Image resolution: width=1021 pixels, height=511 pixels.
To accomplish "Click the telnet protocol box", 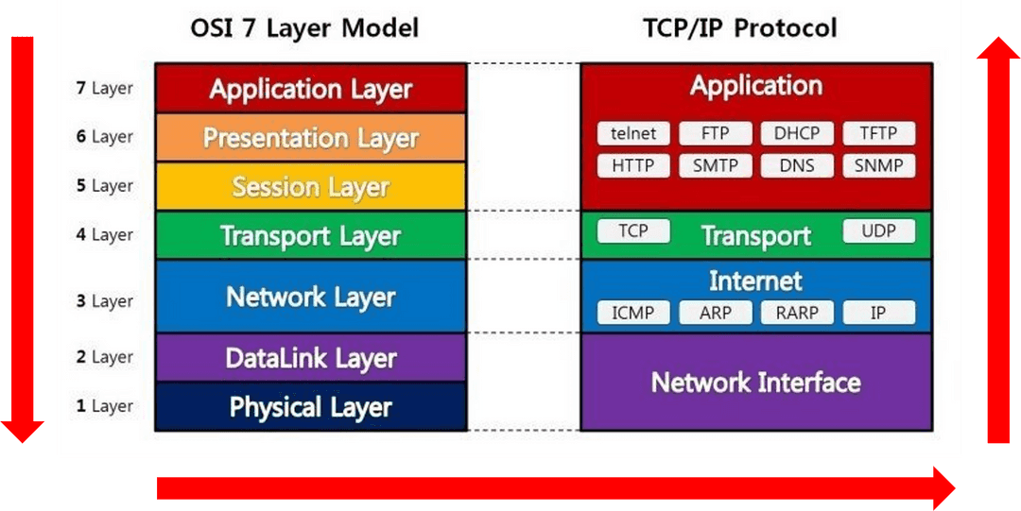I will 632,133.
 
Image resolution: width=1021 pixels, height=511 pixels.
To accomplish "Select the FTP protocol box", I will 715,133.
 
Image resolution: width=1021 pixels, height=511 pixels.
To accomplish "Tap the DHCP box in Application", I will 797,133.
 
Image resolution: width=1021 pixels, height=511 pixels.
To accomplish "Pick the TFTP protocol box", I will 878,133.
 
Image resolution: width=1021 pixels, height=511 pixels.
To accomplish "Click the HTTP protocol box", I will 632,166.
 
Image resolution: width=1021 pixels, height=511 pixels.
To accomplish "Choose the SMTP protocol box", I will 715,166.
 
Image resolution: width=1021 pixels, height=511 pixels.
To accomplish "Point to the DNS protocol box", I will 797,166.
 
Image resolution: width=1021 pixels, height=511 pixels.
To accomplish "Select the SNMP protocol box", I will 878,166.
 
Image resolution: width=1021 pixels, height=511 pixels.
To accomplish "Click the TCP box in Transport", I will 632,230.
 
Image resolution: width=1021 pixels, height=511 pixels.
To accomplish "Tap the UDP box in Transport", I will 878,230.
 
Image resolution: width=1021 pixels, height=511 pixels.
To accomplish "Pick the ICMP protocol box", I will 632,313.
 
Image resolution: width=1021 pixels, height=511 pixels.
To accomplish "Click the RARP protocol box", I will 797,313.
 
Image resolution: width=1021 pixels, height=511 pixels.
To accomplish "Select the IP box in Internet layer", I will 878,313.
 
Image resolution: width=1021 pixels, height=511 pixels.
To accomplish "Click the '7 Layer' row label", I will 104,88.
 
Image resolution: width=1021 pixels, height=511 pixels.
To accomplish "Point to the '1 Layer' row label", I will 104,406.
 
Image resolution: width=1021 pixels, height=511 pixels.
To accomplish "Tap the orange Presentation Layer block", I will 310,138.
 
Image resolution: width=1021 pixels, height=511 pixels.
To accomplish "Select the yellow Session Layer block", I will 310,186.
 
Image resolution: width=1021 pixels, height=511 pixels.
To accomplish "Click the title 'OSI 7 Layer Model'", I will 304,27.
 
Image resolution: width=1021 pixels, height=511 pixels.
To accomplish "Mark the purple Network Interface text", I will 756,383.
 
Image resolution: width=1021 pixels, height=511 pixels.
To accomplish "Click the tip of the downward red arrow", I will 23,441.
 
